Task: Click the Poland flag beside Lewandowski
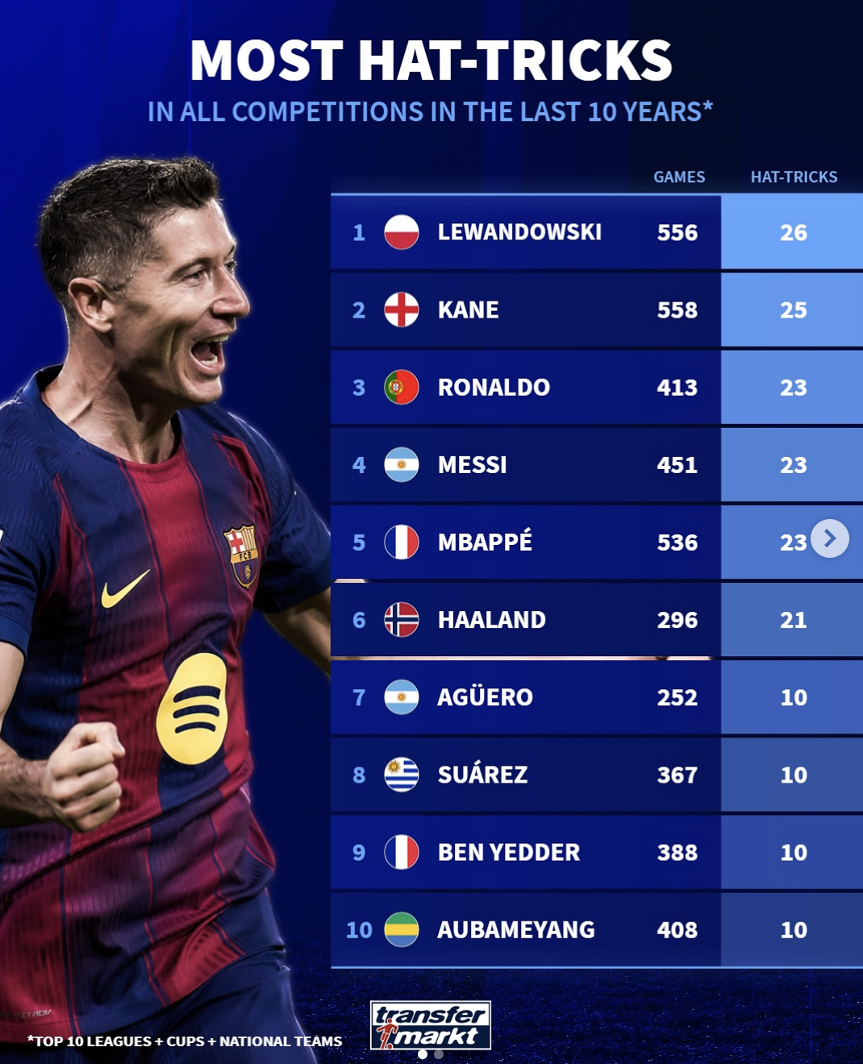[x=401, y=232]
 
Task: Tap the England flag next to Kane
[x=401, y=310]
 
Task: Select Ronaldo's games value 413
[x=677, y=388]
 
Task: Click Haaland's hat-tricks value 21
[x=793, y=620]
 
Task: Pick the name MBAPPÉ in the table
[x=485, y=542]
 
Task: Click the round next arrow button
[x=830, y=538]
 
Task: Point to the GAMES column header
[x=679, y=177]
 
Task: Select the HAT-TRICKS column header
[x=794, y=177]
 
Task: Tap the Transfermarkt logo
[x=431, y=1025]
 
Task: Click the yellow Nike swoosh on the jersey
[x=125, y=588]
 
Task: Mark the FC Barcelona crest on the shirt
[x=241, y=554]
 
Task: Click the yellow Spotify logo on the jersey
[x=193, y=709]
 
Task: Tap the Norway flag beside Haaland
[x=401, y=620]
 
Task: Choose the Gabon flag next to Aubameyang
[x=401, y=929]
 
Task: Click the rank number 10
[x=359, y=930]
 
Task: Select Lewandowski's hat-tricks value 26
[x=793, y=233]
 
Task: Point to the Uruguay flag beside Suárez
[x=401, y=775]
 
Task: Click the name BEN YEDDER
[x=508, y=852]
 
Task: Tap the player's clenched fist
[x=81, y=774]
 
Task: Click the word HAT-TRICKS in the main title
[x=515, y=60]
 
